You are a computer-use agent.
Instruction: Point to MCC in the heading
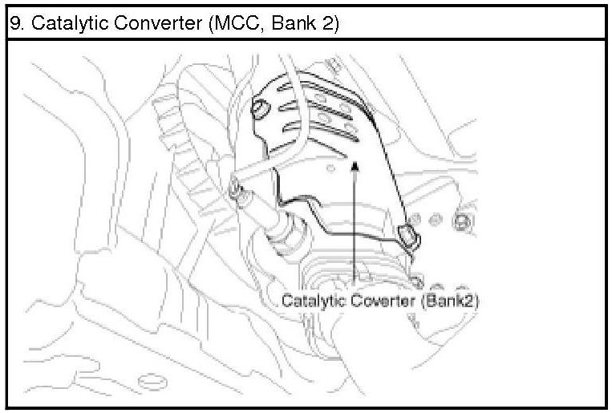[234, 23]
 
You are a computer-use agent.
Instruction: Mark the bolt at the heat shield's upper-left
[260, 107]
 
